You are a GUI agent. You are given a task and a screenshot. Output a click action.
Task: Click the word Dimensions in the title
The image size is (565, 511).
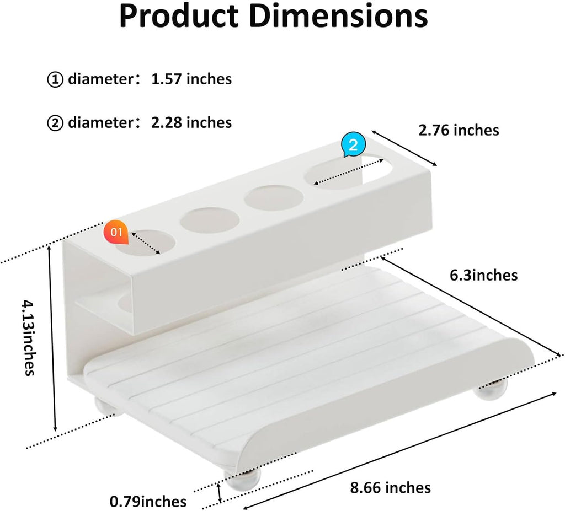[x=338, y=17]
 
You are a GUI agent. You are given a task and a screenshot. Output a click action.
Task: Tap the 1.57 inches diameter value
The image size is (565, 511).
[x=191, y=79]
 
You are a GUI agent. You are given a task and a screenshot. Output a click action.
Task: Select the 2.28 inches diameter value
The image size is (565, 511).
[x=191, y=122]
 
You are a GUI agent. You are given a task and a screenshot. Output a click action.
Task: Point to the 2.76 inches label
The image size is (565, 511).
[x=459, y=130]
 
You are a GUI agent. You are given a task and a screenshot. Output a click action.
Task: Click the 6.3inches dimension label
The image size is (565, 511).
[x=483, y=275]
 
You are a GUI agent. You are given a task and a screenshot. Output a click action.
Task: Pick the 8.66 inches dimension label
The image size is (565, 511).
[x=390, y=487]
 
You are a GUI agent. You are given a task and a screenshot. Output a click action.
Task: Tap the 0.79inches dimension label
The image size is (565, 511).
[x=148, y=502]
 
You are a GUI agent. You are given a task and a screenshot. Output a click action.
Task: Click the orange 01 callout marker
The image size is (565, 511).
[x=116, y=232]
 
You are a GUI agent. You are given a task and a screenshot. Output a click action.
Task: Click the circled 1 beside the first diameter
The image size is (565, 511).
[x=55, y=80]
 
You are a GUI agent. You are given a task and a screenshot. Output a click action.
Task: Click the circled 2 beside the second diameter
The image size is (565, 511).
[x=55, y=122]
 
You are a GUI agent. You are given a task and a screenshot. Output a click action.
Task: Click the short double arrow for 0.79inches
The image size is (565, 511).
[x=220, y=492]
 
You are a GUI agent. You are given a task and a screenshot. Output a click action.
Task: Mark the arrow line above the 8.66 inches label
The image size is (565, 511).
[x=400, y=449]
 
